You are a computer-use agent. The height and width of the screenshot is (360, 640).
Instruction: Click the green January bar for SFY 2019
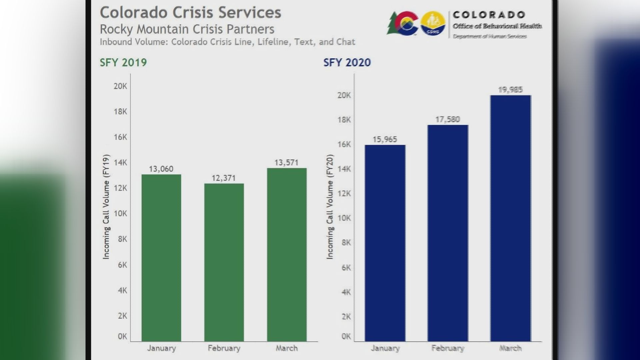point(161,257)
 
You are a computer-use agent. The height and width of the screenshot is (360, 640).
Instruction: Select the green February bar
point(224,262)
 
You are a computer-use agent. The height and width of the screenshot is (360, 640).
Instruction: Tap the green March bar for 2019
point(287,254)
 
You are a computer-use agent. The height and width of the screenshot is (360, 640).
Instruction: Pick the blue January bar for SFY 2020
point(385,243)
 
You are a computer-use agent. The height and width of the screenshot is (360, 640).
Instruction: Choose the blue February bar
point(448,233)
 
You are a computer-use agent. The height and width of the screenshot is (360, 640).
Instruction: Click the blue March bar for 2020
point(510,218)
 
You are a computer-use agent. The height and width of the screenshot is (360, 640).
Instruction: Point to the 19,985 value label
point(510,90)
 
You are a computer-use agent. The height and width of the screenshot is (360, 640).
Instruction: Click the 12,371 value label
point(224,178)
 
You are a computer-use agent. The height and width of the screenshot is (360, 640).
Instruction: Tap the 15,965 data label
point(385,139)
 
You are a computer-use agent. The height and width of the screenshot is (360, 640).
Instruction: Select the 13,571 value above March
point(286,163)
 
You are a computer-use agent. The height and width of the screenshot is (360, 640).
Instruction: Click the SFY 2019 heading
point(123,63)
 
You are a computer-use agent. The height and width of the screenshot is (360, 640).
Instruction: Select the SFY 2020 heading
point(347,63)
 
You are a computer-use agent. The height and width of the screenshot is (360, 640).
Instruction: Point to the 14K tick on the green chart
point(120,163)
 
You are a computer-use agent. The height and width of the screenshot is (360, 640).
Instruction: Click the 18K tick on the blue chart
point(344,120)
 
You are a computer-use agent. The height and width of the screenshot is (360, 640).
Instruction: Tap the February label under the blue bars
point(448,348)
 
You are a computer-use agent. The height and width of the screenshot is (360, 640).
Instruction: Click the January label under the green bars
point(161,348)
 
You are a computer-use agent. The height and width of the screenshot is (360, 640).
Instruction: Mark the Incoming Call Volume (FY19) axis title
point(106,207)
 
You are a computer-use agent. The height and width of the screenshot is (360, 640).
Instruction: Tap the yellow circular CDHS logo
point(433,23)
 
